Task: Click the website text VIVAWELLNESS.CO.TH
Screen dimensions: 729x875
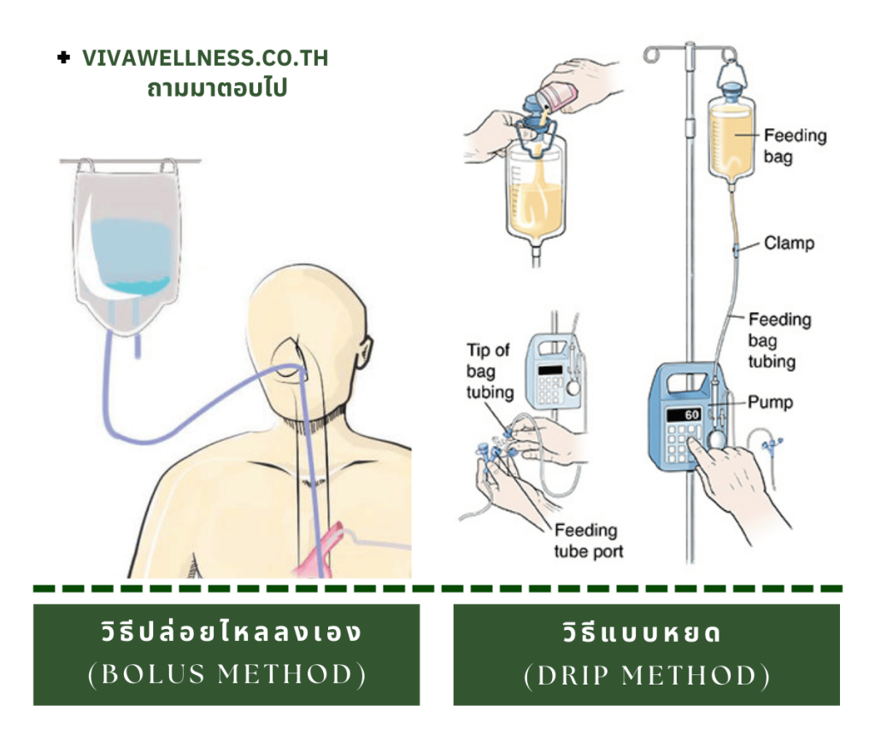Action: (x=205, y=59)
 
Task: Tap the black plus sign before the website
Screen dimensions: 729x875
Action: (x=63, y=58)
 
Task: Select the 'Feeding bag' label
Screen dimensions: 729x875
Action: (x=795, y=145)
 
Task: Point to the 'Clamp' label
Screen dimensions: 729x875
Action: (x=789, y=244)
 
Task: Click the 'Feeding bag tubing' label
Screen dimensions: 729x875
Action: (x=779, y=340)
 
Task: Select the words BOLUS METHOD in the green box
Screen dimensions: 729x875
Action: (x=226, y=675)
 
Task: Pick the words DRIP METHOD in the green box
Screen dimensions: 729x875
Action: (x=646, y=676)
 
